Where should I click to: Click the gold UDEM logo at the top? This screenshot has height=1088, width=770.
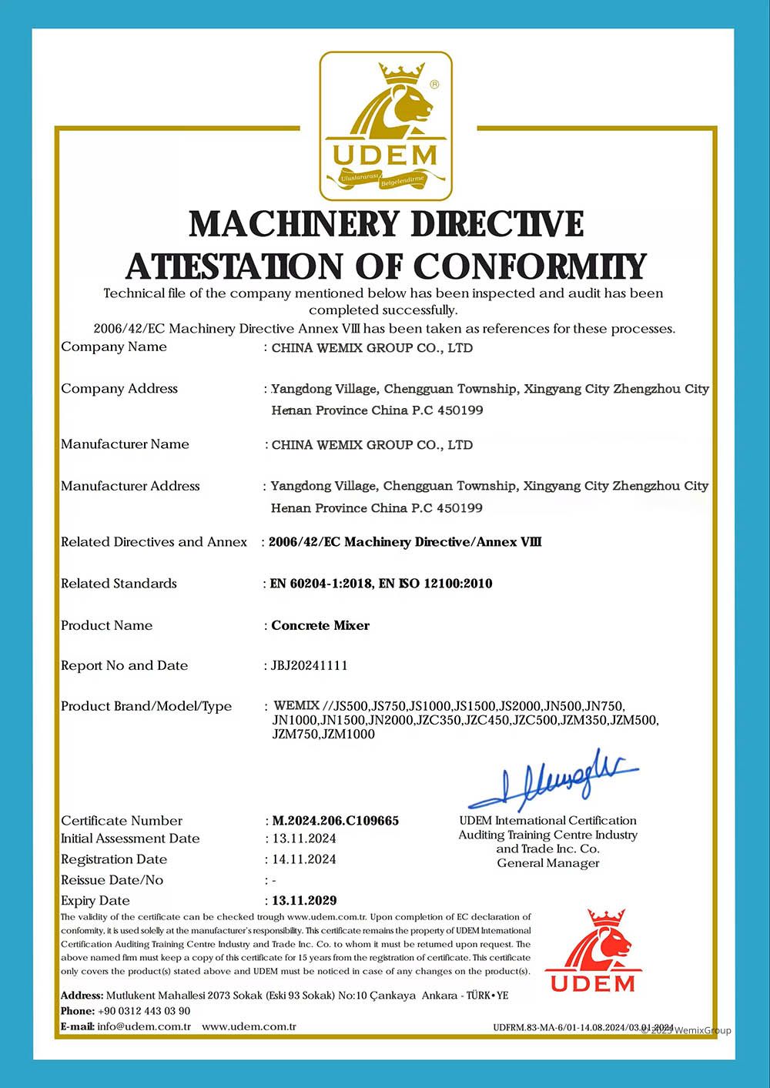[386, 126]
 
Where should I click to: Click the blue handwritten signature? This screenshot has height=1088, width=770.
[553, 778]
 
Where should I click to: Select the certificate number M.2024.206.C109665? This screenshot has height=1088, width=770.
[335, 821]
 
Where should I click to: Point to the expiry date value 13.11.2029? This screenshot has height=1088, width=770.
[304, 900]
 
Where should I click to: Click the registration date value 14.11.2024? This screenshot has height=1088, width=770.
[304, 859]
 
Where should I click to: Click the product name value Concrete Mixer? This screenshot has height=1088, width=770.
[320, 625]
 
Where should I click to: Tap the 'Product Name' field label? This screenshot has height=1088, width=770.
[106, 625]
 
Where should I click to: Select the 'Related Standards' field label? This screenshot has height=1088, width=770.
[119, 584]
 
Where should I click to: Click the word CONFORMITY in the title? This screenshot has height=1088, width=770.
[530, 267]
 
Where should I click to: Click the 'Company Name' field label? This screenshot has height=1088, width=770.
[114, 346]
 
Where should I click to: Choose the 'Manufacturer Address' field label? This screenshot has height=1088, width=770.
[130, 486]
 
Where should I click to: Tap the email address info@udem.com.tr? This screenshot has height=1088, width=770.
[144, 1026]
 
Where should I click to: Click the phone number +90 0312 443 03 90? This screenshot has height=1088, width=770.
[144, 1011]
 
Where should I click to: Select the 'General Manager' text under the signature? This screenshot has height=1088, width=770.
[547, 863]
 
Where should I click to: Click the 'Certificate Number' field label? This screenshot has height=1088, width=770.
[122, 821]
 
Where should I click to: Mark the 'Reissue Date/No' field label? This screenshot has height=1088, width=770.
[112, 880]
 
